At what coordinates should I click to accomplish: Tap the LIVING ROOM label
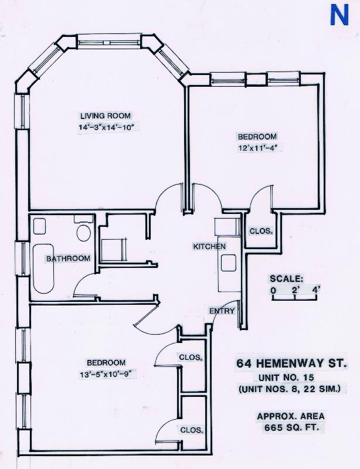tap(106, 115)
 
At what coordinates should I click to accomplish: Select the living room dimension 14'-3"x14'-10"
tap(110, 127)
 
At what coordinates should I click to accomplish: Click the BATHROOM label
tap(68, 259)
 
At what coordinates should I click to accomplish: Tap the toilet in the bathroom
tap(83, 232)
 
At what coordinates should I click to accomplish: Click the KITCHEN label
tap(209, 247)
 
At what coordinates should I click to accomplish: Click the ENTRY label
tap(222, 311)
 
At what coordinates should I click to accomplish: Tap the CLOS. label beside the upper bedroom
tap(261, 231)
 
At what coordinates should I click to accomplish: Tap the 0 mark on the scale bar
tap(273, 289)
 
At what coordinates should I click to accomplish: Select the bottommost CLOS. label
tap(192, 430)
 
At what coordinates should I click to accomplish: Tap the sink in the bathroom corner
tap(40, 226)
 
